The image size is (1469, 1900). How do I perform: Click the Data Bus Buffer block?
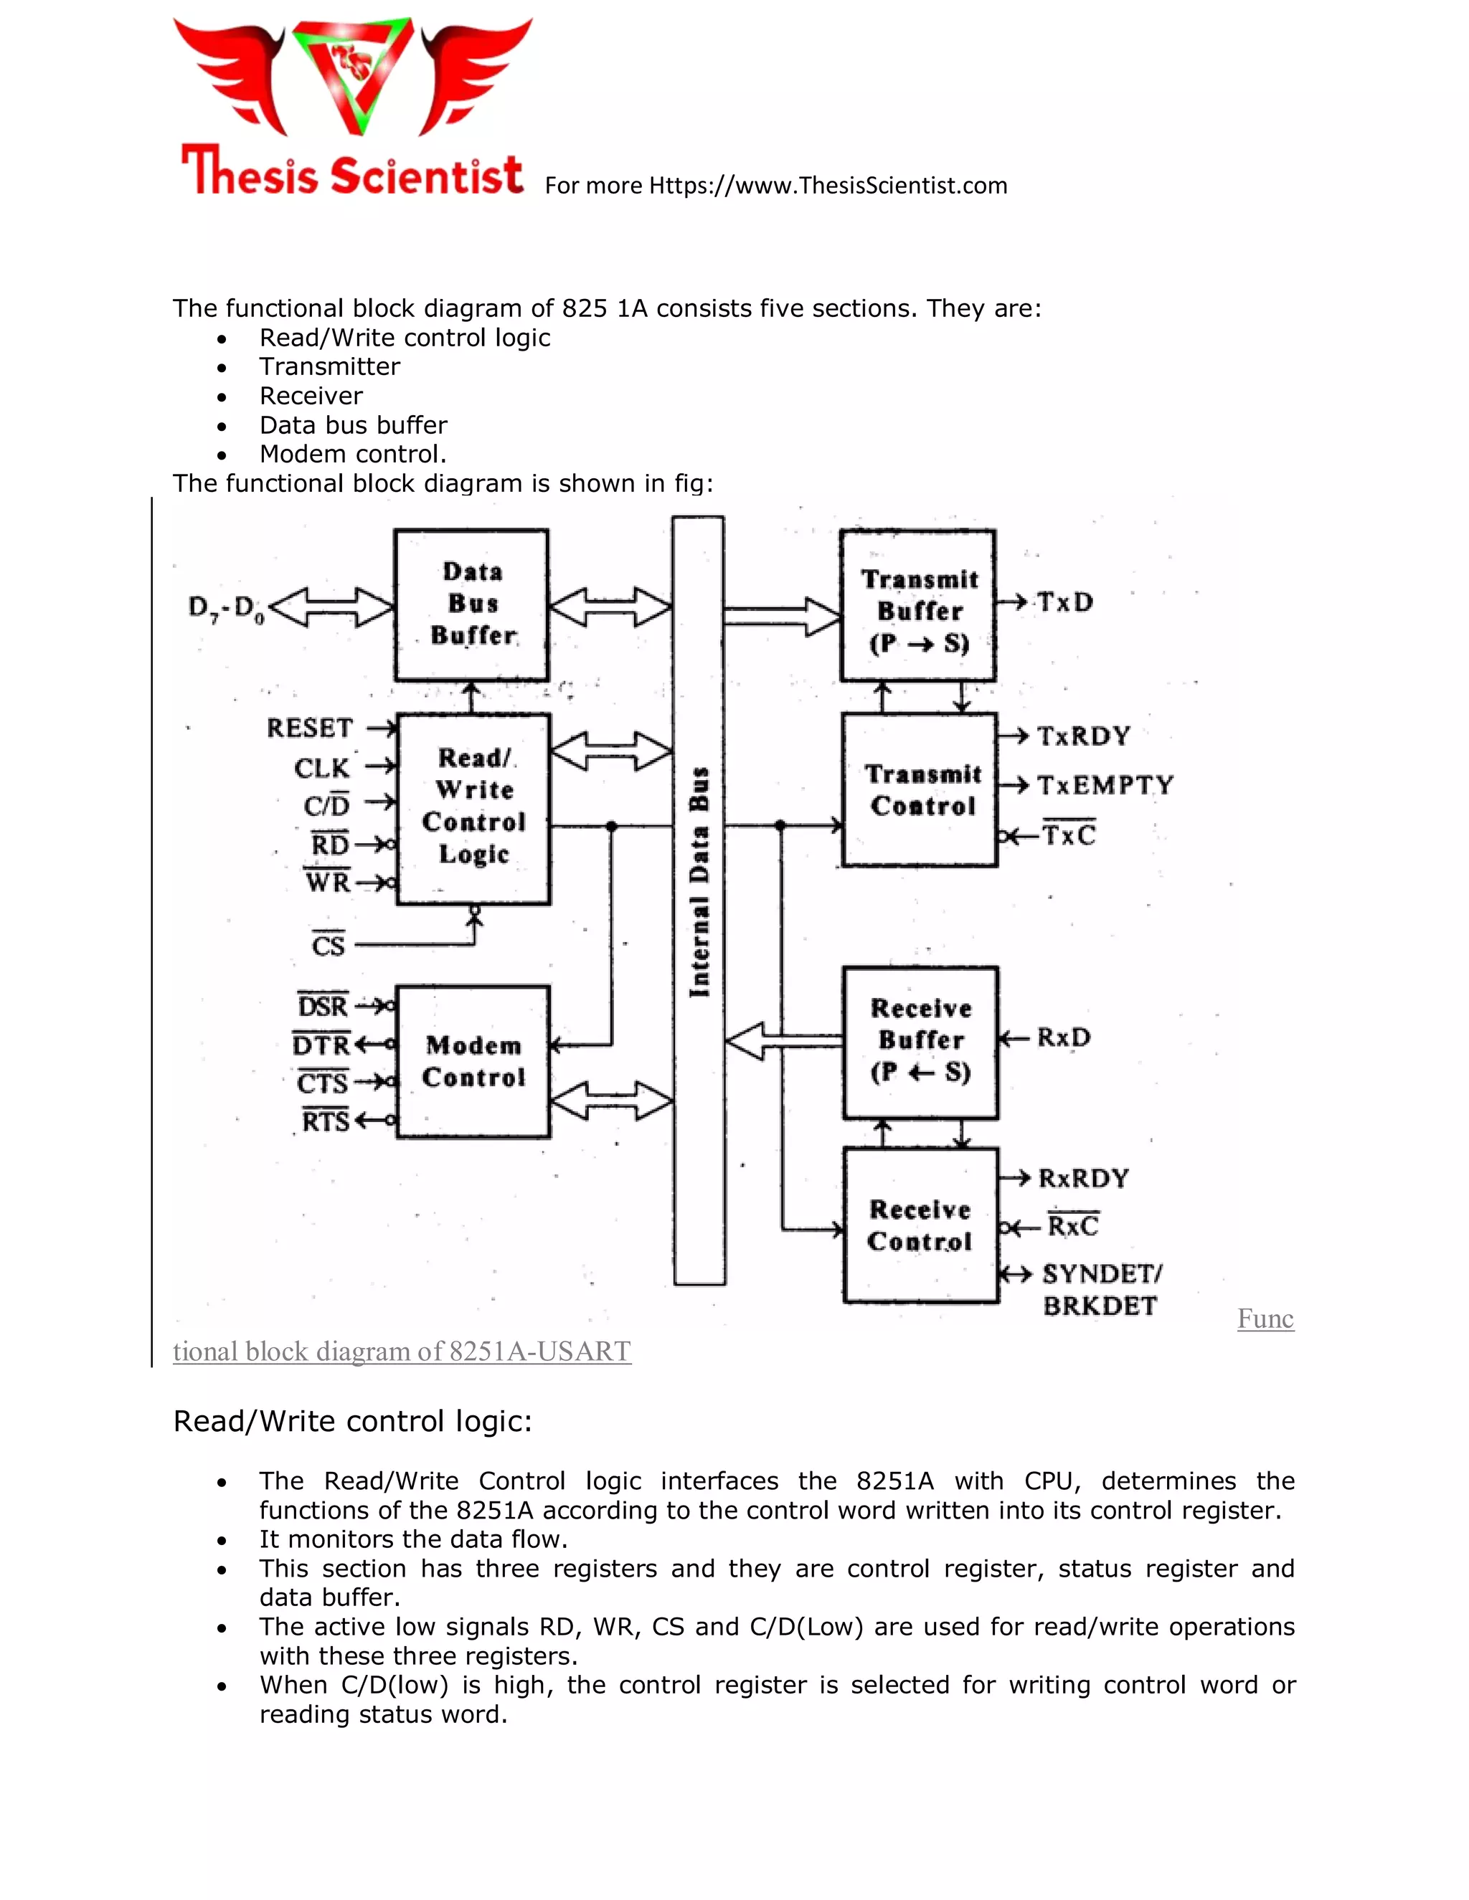pyautogui.click(x=472, y=604)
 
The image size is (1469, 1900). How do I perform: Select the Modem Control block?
pyautogui.click(x=473, y=1061)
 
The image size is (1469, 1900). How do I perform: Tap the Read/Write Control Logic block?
pyautogui.click(x=473, y=807)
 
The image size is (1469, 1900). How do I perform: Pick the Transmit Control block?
pyautogui.click(x=921, y=790)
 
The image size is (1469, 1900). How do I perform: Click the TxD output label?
pyautogui.click(x=1064, y=602)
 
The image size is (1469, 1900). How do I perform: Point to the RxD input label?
pyautogui.click(x=1064, y=1037)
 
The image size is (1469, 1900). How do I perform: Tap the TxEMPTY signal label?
pyautogui.click(x=1105, y=786)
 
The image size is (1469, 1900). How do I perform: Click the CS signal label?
pyautogui.click(x=328, y=945)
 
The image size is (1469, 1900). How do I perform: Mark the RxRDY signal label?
pyautogui.click(x=1084, y=1178)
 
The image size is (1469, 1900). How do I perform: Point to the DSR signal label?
pyautogui.click(x=323, y=1007)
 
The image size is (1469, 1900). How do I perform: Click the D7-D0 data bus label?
pyautogui.click(x=225, y=608)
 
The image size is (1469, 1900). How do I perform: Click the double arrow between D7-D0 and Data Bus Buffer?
pyautogui.click(x=331, y=607)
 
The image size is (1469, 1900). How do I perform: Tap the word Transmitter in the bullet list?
pyautogui.click(x=330, y=366)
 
